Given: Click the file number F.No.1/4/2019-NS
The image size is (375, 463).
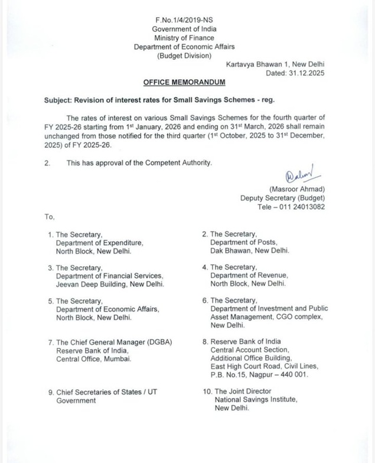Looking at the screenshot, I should [184, 20].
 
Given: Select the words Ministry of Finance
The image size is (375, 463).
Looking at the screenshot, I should [184, 37].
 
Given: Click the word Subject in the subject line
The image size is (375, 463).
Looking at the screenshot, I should [57, 101].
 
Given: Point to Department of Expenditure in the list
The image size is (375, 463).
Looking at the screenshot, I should [99, 243].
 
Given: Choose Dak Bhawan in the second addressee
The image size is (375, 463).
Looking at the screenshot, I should [231, 251].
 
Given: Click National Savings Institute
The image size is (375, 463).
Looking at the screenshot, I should [256, 400].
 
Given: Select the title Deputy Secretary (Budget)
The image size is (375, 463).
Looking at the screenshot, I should [282, 198].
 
